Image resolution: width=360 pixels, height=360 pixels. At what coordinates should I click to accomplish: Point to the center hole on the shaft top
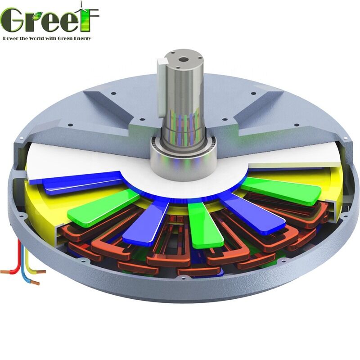click(x=184, y=58)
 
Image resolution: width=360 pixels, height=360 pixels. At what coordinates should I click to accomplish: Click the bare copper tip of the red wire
click(x=5, y=272)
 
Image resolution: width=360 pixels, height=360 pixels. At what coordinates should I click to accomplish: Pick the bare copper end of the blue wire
click(x=35, y=283)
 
